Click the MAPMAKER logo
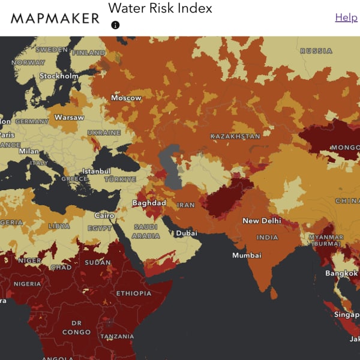pos(55,18)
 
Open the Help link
pos(346,17)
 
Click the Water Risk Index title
pos(160,8)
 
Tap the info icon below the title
pos(115,25)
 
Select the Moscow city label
pos(126,98)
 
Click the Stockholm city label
pos(59,76)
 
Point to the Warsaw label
pos(69,118)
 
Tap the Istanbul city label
pos(97,171)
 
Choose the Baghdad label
pos(149,203)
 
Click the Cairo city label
pos(104,215)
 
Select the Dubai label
pos(187,233)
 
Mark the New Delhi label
pos(262,221)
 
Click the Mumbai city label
pos(247,255)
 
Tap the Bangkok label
pos(342,273)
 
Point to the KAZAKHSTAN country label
pos(235,136)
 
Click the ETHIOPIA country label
pos(133,293)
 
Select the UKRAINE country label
pos(104,133)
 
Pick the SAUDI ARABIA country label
pos(145,232)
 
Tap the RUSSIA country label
pos(316,51)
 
